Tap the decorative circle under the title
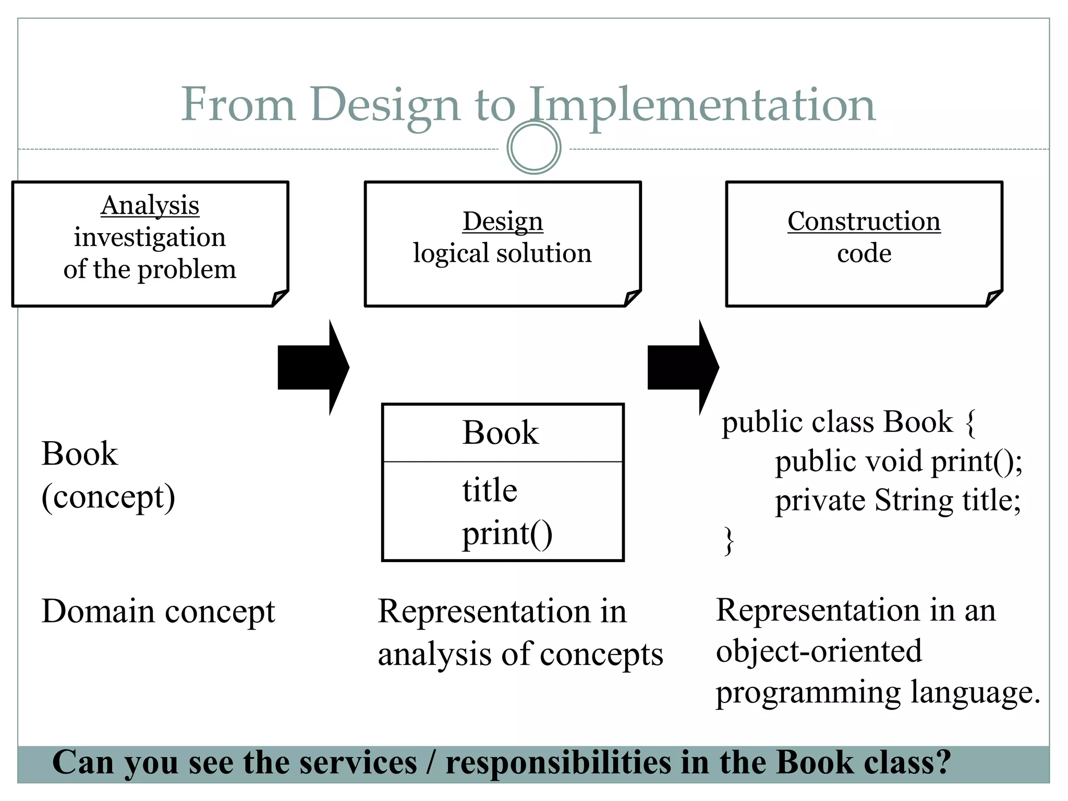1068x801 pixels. [533, 148]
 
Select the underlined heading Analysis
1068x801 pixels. [150, 205]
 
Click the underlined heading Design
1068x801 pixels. [503, 222]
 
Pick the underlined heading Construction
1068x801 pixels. [864, 222]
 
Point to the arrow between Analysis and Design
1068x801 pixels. [313, 367]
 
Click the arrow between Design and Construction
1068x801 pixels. [683, 367]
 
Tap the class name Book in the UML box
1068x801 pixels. [501, 433]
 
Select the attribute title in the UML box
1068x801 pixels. [490, 490]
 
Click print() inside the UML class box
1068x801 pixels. [507, 534]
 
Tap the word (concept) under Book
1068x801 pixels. [108, 497]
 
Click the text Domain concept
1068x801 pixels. [158, 611]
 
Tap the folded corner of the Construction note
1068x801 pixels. [993, 298]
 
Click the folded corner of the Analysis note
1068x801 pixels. [280, 298]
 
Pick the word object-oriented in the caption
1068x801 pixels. [819, 651]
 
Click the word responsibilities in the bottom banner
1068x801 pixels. [559, 763]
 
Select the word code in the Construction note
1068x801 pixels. [864, 254]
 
